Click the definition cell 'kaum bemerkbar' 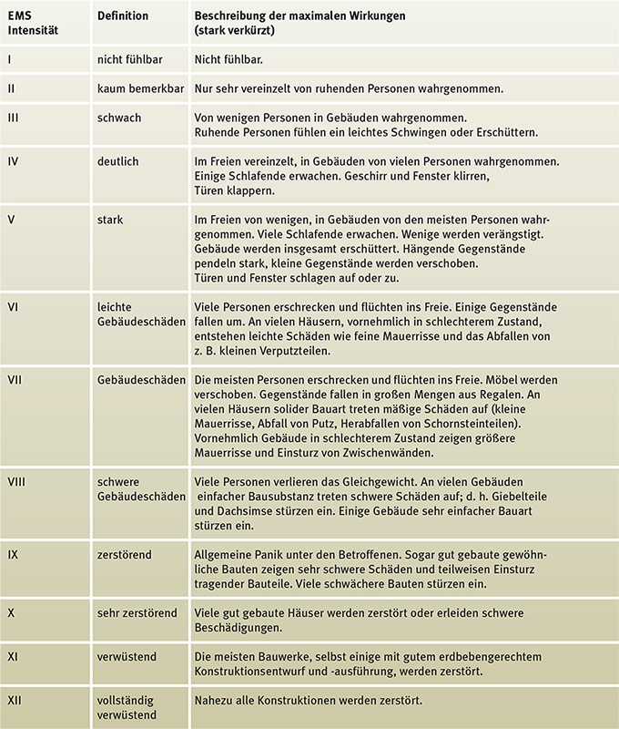[x=137, y=88]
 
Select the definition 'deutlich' [x=118, y=161]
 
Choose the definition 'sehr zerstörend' [x=137, y=613]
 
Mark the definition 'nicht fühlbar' [x=131, y=59]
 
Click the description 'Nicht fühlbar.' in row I [x=228, y=59]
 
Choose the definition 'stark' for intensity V [x=111, y=220]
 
